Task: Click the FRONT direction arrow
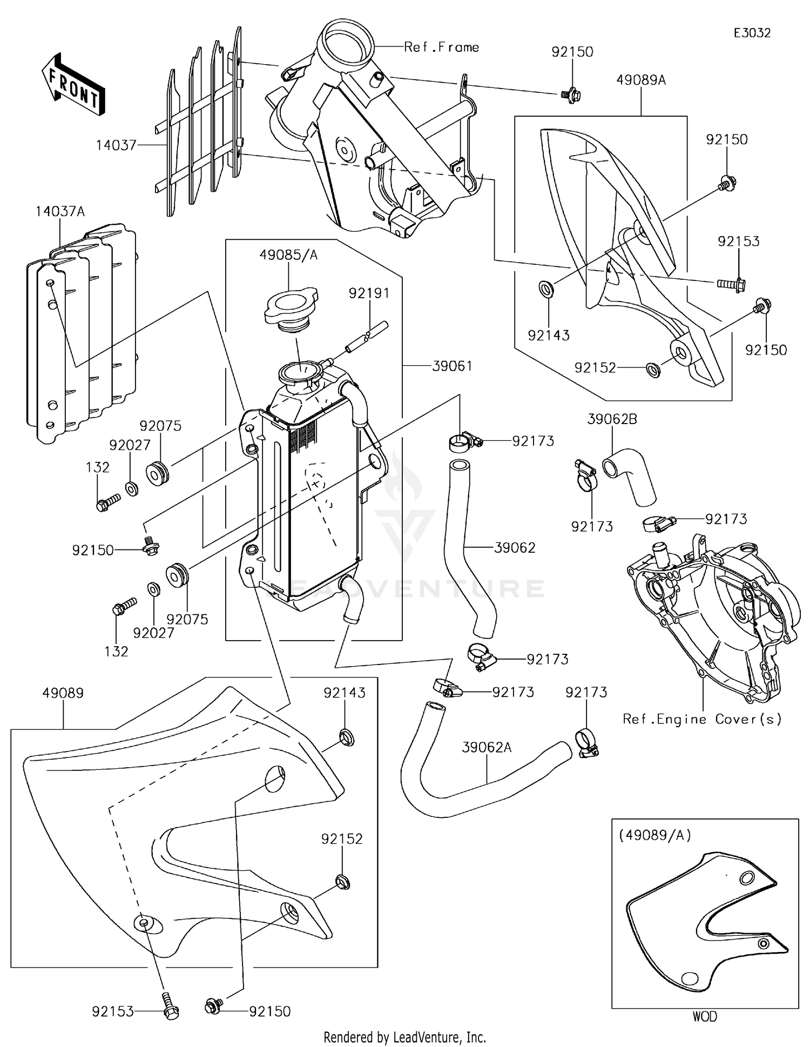pos(73,84)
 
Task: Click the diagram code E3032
pos(752,33)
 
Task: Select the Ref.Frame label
pos(442,47)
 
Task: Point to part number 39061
pos(453,366)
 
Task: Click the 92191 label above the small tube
pos(369,293)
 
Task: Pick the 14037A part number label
pos(60,211)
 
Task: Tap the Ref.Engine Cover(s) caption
pos(702,719)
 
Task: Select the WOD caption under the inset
pos(705,1017)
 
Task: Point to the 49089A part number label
pos(642,80)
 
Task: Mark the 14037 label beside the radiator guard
pos(116,145)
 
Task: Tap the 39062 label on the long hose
pos(515,547)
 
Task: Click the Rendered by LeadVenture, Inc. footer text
pos(405,1037)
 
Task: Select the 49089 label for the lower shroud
pos(63,693)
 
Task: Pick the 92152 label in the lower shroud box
pos(342,838)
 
